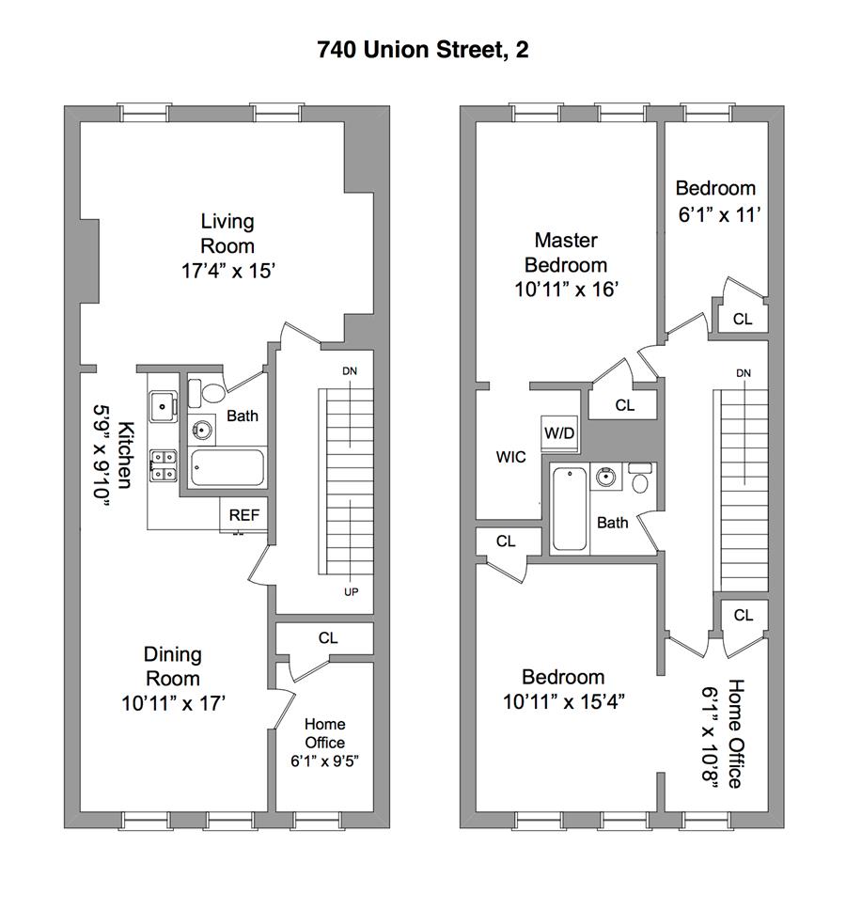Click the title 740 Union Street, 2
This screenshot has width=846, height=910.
[422, 50]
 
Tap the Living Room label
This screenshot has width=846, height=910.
[227, 233]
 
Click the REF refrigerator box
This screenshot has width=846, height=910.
[244, 515]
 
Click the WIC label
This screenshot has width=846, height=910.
[510, 457]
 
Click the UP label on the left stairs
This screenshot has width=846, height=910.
[352, 591]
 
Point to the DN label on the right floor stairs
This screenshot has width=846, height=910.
[744, 373]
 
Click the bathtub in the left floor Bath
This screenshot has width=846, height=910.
[227, 467]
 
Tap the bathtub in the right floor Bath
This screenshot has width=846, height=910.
[570, 509]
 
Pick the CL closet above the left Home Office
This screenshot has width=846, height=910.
[326, 637]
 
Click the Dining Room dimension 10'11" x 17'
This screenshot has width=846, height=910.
[173, 701]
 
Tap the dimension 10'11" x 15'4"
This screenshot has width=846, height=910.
[563, 701]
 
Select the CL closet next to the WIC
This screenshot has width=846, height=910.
[506, 541]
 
